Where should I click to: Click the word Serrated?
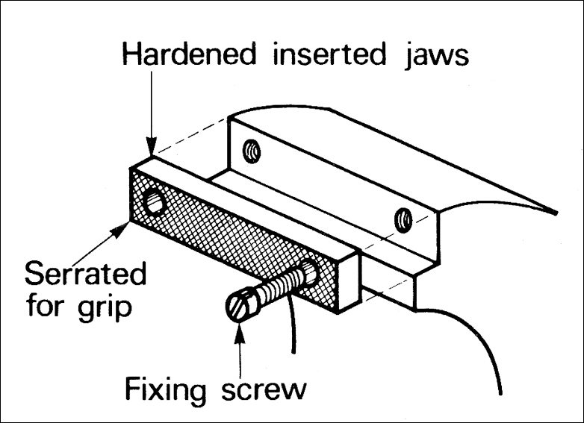point(85,274)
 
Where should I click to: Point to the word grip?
point(103,307)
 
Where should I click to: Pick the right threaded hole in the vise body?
point(404,219)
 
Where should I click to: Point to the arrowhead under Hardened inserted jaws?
point(152,148)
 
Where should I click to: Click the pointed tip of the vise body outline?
point(556,213)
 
